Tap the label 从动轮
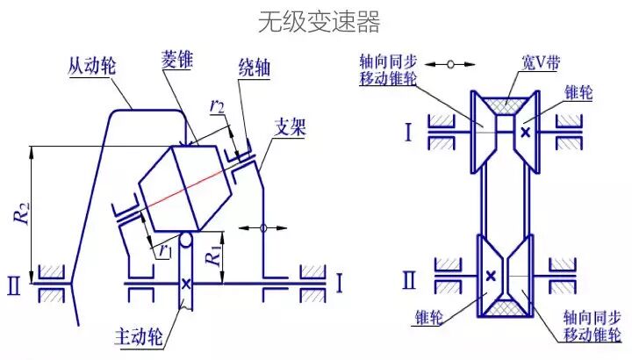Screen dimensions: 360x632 pyautogui.click(x=96, y=64)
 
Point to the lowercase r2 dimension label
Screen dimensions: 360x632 pyautogui.click(x=216, y=107)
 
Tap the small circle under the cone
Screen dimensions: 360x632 pyautogui.click(x=186, y=238)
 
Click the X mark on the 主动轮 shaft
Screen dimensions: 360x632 pyautogui.click(x=186, y=284)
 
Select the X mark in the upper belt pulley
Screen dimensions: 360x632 pyautogui.click(x=525, y=132)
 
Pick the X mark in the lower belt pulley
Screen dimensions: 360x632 pyautogui.click(x=490, y=277)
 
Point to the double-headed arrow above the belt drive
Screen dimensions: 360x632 pyautogui.click(x=452, y=64)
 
